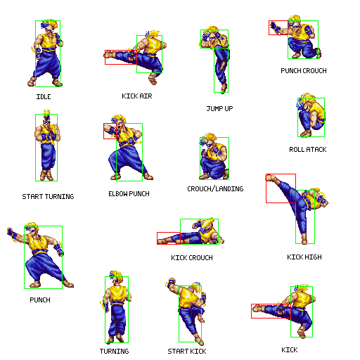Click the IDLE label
pos(44,96)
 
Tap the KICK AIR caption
pos(137,96)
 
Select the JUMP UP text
pos(219,108)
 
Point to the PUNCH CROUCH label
pos(304,70)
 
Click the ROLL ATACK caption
pos(308,149)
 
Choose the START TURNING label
pos(48,196)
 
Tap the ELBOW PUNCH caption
pos(129,194)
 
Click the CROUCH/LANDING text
pos(215,188)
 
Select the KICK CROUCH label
pos(192,258)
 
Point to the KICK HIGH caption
pos(304,257)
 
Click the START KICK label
pos(187,352)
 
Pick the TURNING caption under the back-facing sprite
pos(114,351)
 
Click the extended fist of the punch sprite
pos(11,232)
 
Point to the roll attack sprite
pos(311,115)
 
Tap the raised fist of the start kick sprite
pos(171,282)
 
